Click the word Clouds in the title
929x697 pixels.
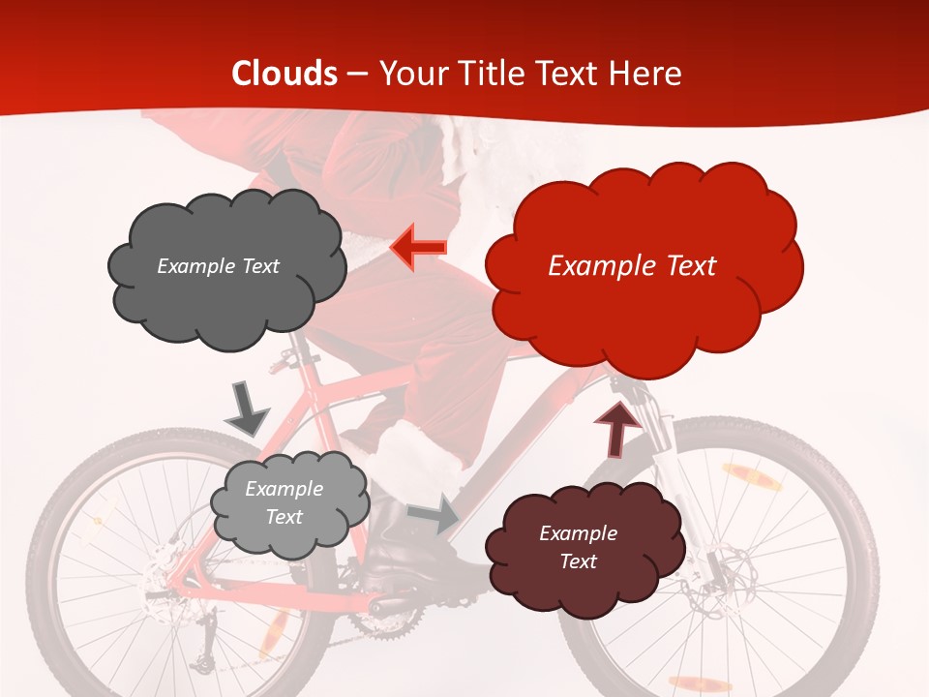coord(285,74)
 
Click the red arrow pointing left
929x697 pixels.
coord(419,247)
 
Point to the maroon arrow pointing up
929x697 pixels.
coord(616,430)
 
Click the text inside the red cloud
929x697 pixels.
coord(632,266)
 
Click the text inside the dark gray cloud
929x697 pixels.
coord(218,266)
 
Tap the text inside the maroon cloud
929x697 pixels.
coord(578,547)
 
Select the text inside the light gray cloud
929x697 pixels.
coord(284,502)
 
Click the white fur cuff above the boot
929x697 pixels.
coord(411,455)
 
